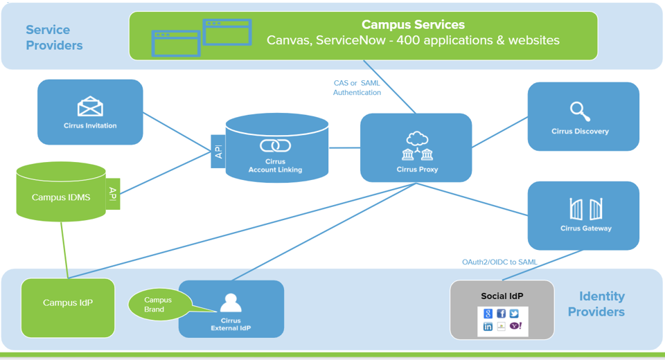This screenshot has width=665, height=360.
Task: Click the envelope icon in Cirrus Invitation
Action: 90,107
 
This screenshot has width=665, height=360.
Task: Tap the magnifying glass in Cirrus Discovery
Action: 580,111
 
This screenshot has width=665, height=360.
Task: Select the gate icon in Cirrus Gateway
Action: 585,208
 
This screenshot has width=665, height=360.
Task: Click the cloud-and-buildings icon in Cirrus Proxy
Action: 417,146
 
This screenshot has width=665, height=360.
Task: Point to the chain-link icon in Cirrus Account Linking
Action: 275,145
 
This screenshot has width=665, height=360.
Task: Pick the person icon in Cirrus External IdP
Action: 230,303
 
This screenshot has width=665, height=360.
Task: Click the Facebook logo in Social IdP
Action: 502,314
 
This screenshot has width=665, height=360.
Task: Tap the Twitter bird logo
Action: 515,314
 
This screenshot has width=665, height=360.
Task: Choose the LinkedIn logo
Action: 488,326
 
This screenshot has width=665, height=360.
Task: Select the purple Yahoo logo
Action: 515,326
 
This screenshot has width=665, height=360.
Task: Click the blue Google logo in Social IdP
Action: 488,314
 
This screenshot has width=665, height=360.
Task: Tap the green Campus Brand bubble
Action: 159,305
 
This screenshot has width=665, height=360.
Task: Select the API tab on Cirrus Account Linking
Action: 219,152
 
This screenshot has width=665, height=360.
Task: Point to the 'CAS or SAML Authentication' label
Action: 357,88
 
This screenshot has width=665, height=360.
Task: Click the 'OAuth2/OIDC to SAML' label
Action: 499,262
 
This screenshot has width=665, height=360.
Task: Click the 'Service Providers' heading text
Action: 54,37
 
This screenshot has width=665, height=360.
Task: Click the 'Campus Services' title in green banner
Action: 413,25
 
